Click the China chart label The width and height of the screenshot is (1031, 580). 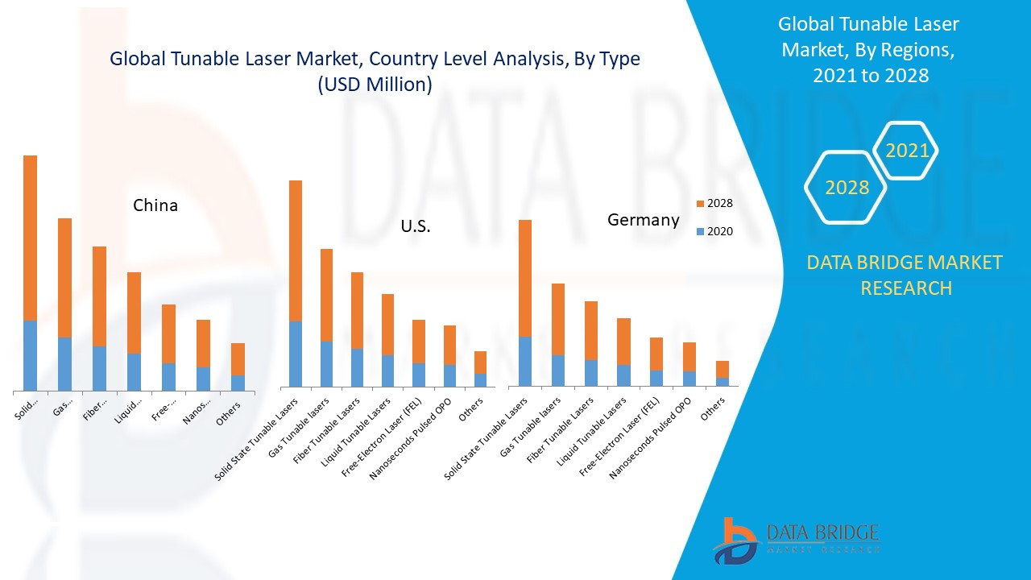155,205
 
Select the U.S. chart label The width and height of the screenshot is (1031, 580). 416,227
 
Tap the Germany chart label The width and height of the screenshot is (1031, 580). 643,219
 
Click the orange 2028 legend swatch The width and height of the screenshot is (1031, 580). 699,204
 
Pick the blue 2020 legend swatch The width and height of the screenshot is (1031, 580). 699,231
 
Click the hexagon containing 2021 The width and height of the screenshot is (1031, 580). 906,151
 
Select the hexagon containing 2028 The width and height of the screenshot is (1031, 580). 847,187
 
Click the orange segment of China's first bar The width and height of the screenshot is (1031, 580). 30,238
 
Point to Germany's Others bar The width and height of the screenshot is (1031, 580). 723,373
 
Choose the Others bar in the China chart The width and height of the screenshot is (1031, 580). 238,367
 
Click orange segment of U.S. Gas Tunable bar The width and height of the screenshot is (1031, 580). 326,294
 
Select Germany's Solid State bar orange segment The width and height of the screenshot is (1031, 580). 525,278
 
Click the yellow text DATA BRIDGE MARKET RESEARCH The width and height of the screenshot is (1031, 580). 905,275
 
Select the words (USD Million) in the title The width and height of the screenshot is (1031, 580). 375,84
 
